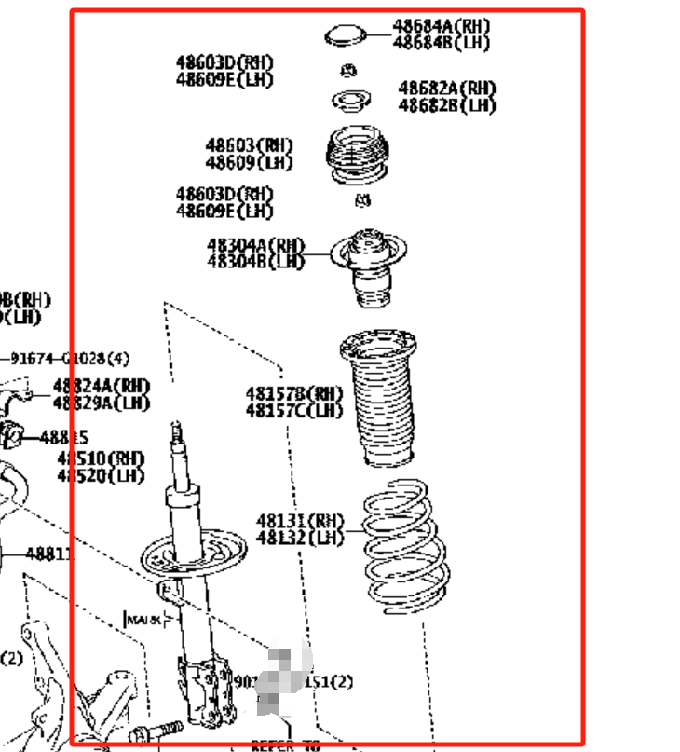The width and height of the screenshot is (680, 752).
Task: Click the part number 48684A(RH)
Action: pos(441,26)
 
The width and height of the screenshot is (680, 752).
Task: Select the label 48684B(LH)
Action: pos(441,43)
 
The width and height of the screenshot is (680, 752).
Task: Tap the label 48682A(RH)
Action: pos(447,89)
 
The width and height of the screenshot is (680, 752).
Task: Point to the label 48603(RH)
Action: pos(249,145)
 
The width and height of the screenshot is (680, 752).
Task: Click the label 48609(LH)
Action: pos(249,162)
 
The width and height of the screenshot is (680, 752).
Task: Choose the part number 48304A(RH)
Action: pos(255,245)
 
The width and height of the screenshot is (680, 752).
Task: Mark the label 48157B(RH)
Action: pos(294,394)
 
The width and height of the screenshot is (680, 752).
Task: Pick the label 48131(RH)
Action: pos(300,520)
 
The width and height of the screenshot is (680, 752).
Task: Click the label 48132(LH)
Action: pos(300,537)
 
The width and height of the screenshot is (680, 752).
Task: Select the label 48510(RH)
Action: pos(101,458)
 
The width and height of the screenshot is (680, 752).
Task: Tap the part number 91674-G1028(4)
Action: pos(70,358)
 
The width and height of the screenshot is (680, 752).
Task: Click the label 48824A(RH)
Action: pos(101,385)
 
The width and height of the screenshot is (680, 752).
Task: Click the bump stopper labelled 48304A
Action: pos(369,267)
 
